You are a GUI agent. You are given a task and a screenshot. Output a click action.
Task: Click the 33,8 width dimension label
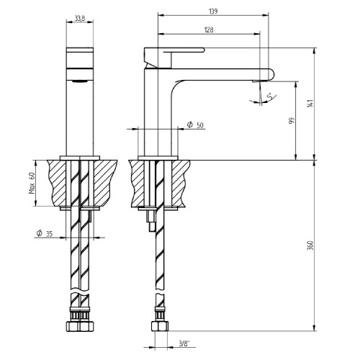[79, 19]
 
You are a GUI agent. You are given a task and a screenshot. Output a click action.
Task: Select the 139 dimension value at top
[213, 12]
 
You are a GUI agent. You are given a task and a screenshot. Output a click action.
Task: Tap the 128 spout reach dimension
[209, 30]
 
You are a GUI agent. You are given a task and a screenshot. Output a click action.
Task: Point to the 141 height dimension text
[310, 103]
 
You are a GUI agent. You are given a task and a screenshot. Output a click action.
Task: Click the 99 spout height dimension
[292, 120]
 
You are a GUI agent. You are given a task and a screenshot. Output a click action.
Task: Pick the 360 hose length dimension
[310, 246]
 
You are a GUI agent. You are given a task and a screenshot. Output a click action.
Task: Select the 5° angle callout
[270, 96]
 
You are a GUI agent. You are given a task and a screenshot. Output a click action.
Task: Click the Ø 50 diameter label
[195, 125]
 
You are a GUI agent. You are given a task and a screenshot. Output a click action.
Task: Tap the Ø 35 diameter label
[45, 233]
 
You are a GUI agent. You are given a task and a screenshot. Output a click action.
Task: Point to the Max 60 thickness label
[32, 183]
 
